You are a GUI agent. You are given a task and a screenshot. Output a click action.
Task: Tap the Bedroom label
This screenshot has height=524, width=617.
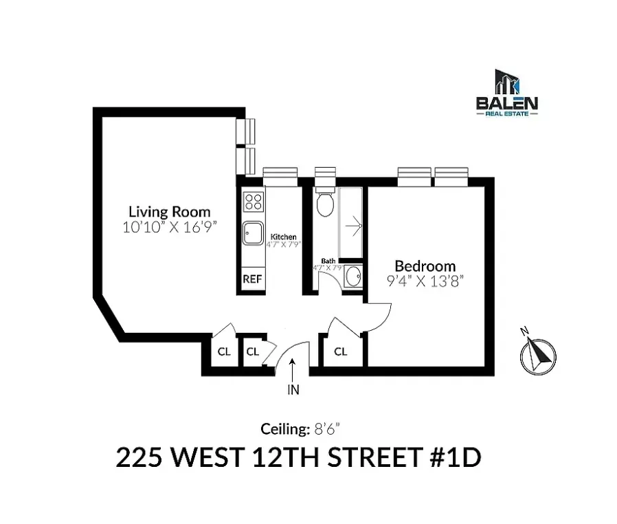425,266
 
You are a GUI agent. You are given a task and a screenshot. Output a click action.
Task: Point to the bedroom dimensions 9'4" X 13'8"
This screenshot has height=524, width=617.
424,281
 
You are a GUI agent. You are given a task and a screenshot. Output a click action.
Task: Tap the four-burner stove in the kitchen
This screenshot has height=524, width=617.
253,201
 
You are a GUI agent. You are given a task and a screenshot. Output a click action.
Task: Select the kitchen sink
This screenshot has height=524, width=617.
253,232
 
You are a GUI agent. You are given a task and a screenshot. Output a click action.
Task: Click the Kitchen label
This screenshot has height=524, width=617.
283,237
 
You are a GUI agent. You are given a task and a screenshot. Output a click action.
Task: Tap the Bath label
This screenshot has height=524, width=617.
328,261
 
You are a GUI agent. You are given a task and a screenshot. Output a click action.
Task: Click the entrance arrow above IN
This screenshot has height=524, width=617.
293,372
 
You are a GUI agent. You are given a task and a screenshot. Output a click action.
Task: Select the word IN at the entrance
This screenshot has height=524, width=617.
293,391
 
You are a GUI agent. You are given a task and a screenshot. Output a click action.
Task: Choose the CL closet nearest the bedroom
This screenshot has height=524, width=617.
341,351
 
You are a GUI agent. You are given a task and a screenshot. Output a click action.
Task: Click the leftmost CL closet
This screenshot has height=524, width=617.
224,351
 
